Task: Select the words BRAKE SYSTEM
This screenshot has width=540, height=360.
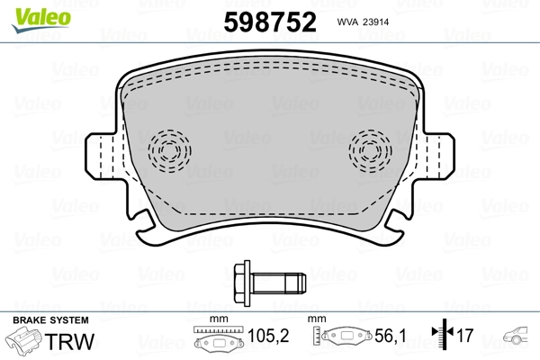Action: (49, 320)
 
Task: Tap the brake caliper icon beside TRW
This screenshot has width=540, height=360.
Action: (25, 343)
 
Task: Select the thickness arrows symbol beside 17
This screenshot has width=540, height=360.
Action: (441, 337)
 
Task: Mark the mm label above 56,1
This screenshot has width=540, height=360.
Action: (318, 319)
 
